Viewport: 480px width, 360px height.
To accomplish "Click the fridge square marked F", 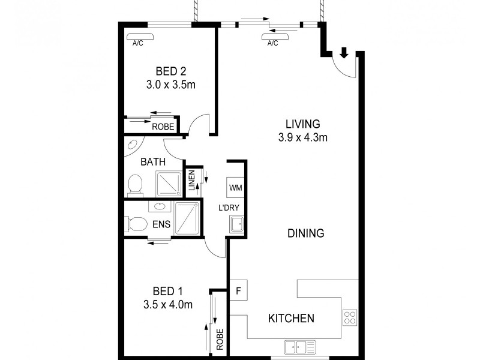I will pyautogui.click(x=238, y=291).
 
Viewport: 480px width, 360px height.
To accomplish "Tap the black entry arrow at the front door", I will pyautogui.click(x=344, y=53).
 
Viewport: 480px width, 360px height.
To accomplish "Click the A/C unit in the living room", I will pyautogui.click(x=274, y=35).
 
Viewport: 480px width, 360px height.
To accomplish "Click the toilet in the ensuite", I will pyautogui.click(x=136, y=224).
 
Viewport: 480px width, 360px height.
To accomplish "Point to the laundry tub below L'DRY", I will pyautogui.click(x=235, y=225).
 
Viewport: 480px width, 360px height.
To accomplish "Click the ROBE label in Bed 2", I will pyautogui.click(x=162, y=127).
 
